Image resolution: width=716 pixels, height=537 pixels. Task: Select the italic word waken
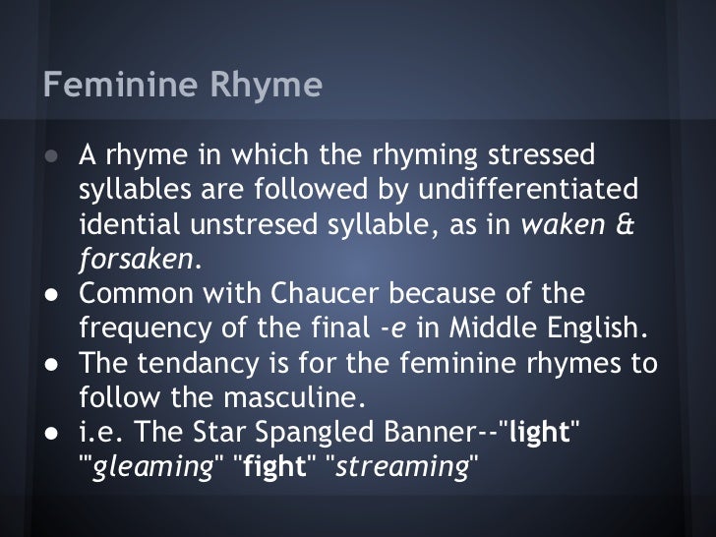(x=559, y=224)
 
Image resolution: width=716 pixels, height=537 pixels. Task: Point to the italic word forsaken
(x=137, y=259)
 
